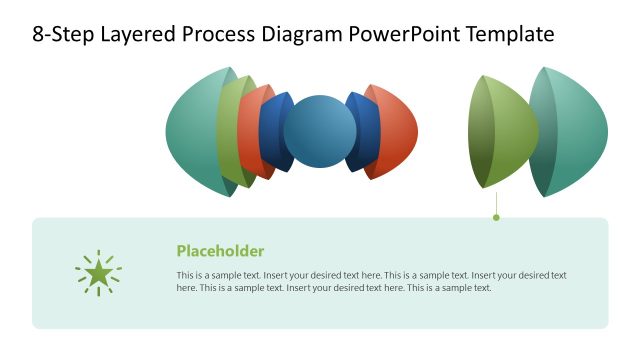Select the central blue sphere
pos(320,131)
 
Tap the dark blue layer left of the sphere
pos(271,131)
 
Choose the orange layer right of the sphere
pos(398,131)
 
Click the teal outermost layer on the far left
pos(190,131)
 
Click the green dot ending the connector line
pos(496,217)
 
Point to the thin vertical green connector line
pos(496,201)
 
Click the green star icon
pos(98,273)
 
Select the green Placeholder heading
pos(220,251)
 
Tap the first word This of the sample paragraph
pos(185,275)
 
